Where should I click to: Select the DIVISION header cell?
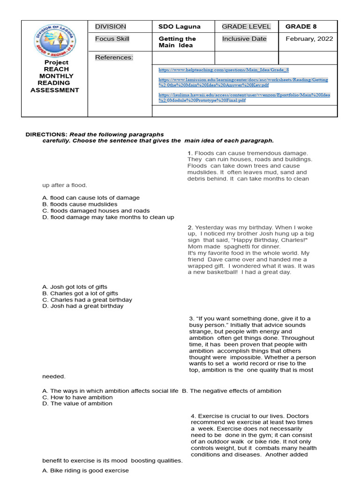point(110,27)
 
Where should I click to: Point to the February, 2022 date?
point(309,39)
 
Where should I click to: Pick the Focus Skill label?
point(112,39)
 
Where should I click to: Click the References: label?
point(114,58)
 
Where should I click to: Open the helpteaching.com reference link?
point(224,70)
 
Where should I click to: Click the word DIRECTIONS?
point(46,135)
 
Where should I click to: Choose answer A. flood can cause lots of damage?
point(91,198)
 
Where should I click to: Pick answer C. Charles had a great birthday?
point(87,300)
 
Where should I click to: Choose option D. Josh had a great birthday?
point(83,306)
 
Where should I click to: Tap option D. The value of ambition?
point(77,404)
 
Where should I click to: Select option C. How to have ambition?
point(77,397)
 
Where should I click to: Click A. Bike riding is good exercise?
point(85,471)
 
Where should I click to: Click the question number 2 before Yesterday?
point(190,227)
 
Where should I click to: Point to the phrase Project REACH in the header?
point(56,66)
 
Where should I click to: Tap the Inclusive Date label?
point(244,39)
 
